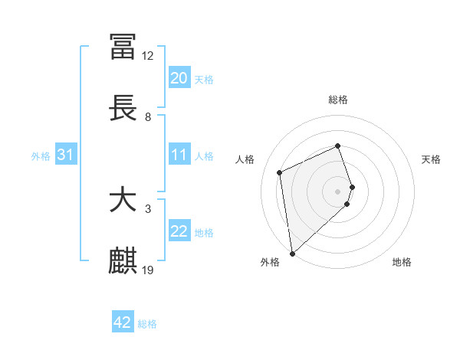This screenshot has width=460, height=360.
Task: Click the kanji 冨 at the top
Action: pyautogui.click(x=123, y=47)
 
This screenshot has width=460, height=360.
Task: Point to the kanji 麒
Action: pyautogui.click(x=123, y=261)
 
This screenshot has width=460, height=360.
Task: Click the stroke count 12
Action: pyautogui.click(x=148, y=56)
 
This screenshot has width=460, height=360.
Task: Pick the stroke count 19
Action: pyautogui.click(x=148, y=270)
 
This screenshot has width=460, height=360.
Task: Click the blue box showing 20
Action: pyautogui.click(x=179, y=78)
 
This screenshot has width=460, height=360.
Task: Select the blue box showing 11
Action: pyautogui.click(x=179, y=155)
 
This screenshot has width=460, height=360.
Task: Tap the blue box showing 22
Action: pyautogui.click(x=179, y=231)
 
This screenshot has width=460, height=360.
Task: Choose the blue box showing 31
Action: pyautogui.click(x=66, y=155)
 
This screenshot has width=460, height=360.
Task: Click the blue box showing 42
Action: pyautogui.click(x=123, y=322)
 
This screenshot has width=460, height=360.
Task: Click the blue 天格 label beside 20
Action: pyautogui.click(x=204, y=80)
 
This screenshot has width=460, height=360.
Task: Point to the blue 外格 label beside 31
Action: pyautogui.click(x=41, y=156)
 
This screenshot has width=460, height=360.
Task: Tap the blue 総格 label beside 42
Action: pyautogui.click(x=147, y=324)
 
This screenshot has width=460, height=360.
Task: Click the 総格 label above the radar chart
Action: pyautogui.click(x=338, y=100)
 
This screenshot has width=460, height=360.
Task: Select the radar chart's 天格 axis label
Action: pyautogui.click(x=431, y=159)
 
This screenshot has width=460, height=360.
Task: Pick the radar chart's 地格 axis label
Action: pyautogui.click(x=402, y=262)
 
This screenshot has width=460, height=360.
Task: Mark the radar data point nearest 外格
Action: pyautogui.click(x=292, y=253)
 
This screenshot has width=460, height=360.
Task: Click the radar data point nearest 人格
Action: pyautogui.click(x=280, y=172)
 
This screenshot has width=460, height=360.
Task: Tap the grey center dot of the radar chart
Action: pyautogui.click(x=338, y=191)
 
